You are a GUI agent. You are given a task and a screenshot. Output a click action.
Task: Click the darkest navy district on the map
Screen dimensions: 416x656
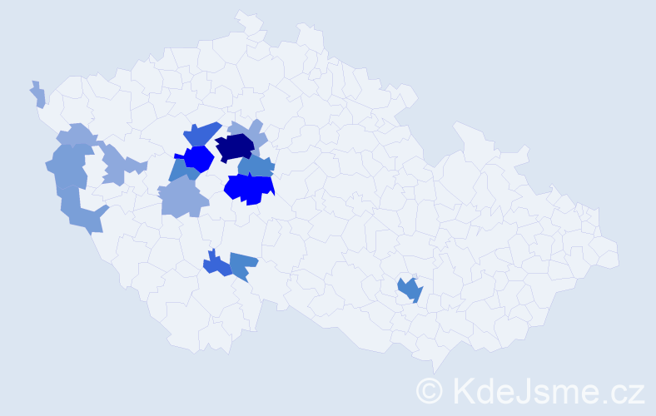click(x=235, y=147)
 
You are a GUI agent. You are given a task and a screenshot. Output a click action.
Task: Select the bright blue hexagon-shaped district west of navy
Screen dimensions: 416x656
click(x=199, y=157)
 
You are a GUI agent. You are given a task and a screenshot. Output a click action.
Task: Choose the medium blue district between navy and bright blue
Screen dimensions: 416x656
click(x=256, y=166)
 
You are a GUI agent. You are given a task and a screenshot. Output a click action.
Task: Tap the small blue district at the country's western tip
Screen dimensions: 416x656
click(x=38, y=95)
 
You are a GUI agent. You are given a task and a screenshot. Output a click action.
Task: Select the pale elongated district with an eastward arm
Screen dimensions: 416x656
click(x=117, y=164)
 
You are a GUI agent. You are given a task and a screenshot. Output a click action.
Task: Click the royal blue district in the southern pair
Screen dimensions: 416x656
click(x=216, y=265)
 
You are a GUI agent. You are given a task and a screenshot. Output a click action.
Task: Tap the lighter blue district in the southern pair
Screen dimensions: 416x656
click(x=242, y=265)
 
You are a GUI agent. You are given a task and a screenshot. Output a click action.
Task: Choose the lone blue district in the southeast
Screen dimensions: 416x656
click(x=410, y=290)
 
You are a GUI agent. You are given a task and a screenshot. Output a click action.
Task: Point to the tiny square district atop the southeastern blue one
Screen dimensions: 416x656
click(x=406, y=278)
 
